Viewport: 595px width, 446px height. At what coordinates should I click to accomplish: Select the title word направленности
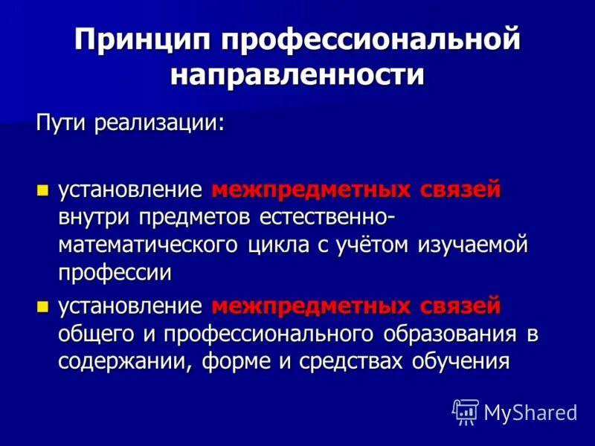297,75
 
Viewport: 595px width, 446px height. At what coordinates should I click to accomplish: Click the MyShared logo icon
465,411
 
